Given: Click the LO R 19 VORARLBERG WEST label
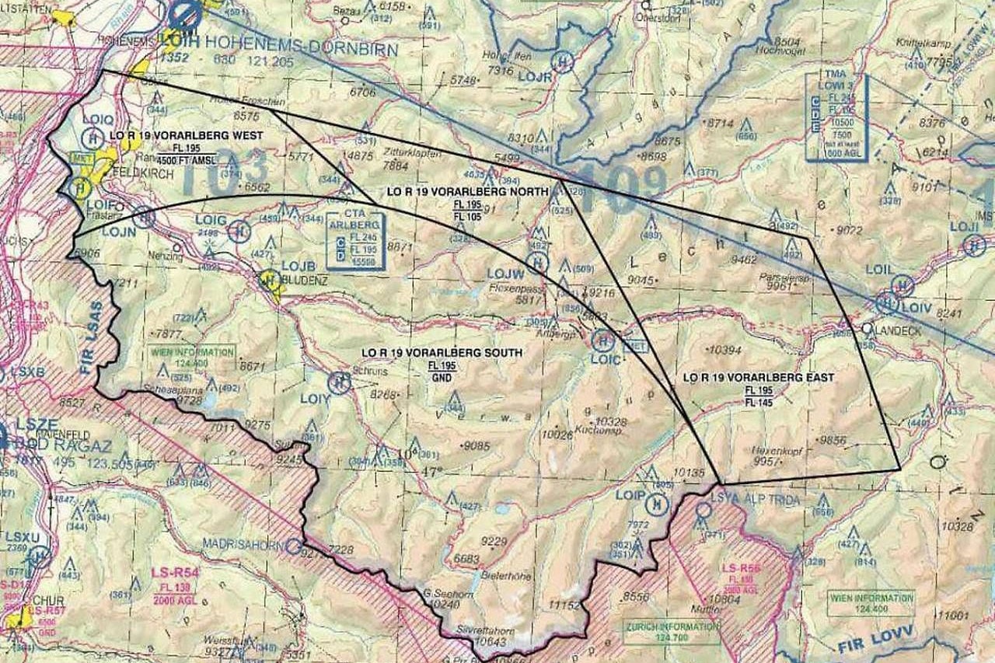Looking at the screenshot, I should (186, 135).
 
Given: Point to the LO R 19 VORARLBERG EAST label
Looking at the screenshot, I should (758, 378).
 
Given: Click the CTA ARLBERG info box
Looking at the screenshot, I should (355, 240).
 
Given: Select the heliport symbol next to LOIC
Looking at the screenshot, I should (602, 340).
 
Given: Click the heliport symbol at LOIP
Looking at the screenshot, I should (658, 504).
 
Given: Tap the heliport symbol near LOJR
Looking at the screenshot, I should (562, 61).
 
